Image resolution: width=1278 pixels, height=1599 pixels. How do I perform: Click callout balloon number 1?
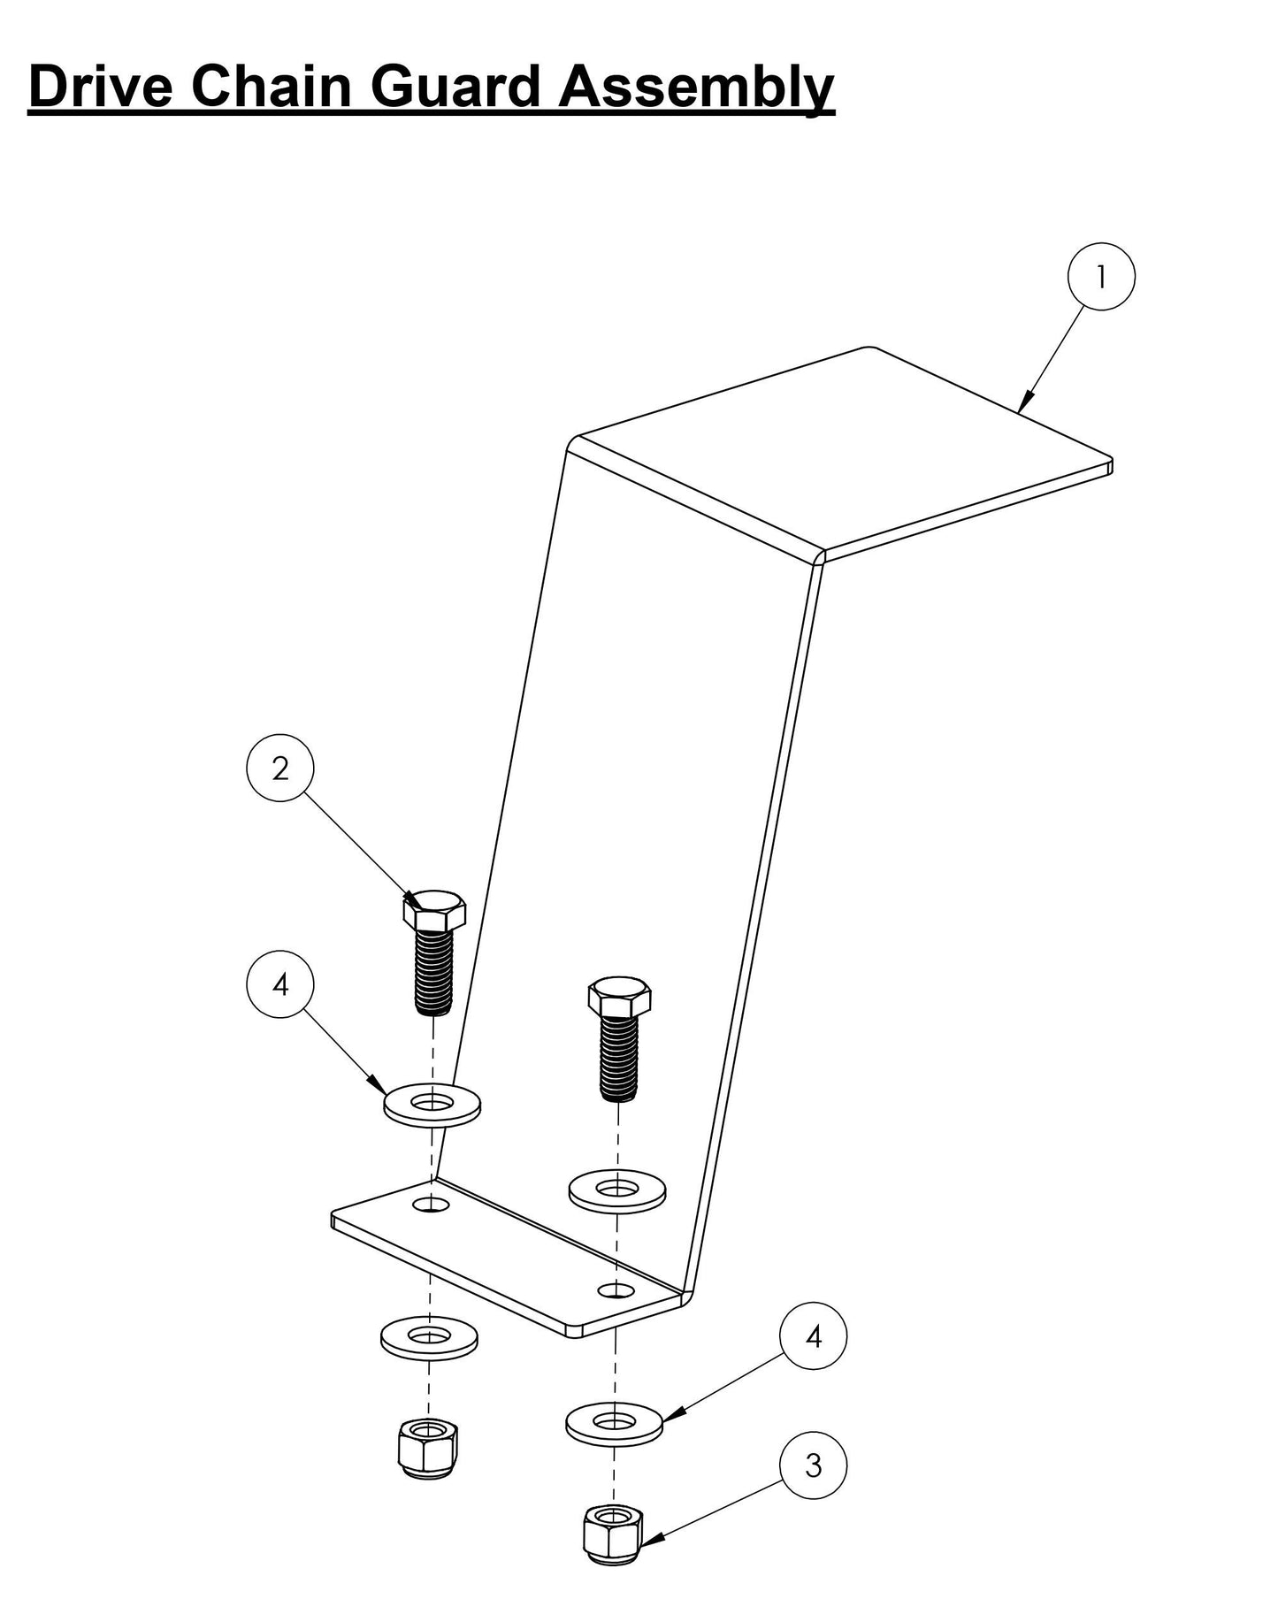1101,277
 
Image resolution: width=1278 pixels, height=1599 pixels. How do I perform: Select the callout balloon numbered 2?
280,769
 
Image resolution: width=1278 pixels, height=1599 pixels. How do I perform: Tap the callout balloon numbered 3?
813,1465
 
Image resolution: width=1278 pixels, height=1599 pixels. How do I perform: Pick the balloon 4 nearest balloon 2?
280,984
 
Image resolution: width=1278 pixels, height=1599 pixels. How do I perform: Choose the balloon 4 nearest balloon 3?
813,1336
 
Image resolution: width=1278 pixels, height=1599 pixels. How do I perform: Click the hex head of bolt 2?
434,911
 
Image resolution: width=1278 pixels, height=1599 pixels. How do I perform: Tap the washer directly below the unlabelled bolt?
617,1190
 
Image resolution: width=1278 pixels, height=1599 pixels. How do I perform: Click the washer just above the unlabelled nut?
429,1338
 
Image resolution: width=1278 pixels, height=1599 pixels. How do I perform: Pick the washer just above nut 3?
615,1423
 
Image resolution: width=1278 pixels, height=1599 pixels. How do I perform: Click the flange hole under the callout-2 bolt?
432,1205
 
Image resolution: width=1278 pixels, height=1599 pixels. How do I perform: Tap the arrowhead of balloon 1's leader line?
1024,402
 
